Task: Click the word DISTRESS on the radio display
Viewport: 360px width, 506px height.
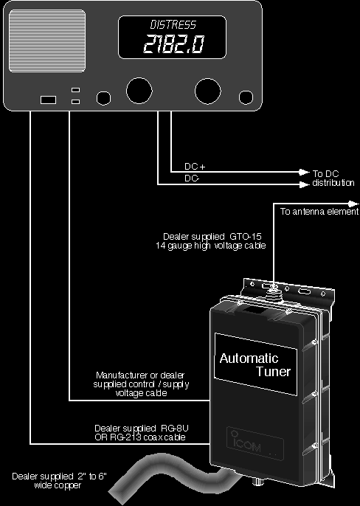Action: point(173,25)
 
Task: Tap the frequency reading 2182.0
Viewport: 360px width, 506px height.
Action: point(173,44)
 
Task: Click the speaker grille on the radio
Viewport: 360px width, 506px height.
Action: point(47,41)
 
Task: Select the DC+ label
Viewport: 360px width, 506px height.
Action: point(195,167)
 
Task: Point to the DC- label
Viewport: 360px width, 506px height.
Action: point(192,179)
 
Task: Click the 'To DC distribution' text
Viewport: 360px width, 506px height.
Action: point(333,179)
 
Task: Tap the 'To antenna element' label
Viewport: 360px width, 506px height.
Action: point(319,212)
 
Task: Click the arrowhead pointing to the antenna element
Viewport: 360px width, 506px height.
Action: point(353,204)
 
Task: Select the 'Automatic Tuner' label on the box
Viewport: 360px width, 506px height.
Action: point(255,364)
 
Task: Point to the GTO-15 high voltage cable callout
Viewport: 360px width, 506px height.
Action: point(211,241)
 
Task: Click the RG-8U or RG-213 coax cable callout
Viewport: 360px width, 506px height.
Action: point(141,433)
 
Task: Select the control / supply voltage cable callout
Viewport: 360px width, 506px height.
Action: point(141,384)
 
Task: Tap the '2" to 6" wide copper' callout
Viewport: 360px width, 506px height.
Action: point(59,480)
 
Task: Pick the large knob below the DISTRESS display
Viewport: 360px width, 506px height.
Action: point(139,91)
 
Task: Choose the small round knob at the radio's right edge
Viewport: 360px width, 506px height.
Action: point(246,97)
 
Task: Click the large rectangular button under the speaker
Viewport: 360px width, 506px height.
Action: point(48,100)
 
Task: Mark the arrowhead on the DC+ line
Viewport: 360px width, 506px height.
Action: point(304,172)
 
